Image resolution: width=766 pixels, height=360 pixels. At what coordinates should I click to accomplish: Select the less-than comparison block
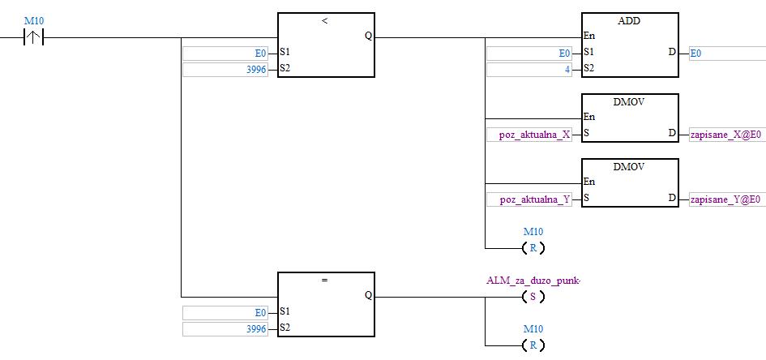(x=325, y=45)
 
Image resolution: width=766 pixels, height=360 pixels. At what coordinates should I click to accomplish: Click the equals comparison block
(x=325, y=304)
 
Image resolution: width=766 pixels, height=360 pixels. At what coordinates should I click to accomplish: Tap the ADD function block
(x=630, y=45)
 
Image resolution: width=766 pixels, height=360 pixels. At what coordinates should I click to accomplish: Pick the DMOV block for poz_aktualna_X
(x=630, y=118)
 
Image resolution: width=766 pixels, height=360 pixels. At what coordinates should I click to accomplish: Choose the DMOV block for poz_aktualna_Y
(x=630, y=182)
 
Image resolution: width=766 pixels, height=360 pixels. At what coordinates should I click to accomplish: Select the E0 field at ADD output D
(x=725, y=54)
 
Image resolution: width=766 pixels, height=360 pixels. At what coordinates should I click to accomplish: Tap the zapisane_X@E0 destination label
(x=725, y=135)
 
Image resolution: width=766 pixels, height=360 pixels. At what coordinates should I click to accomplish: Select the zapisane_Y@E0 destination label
(x=725, y=199)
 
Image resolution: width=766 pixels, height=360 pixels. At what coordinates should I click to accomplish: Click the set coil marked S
(x=533, y=297)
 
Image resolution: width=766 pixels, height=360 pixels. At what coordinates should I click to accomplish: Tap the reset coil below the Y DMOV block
(x=533, y=247)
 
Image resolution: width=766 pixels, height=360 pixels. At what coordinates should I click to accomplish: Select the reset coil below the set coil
(x=533, y=345)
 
